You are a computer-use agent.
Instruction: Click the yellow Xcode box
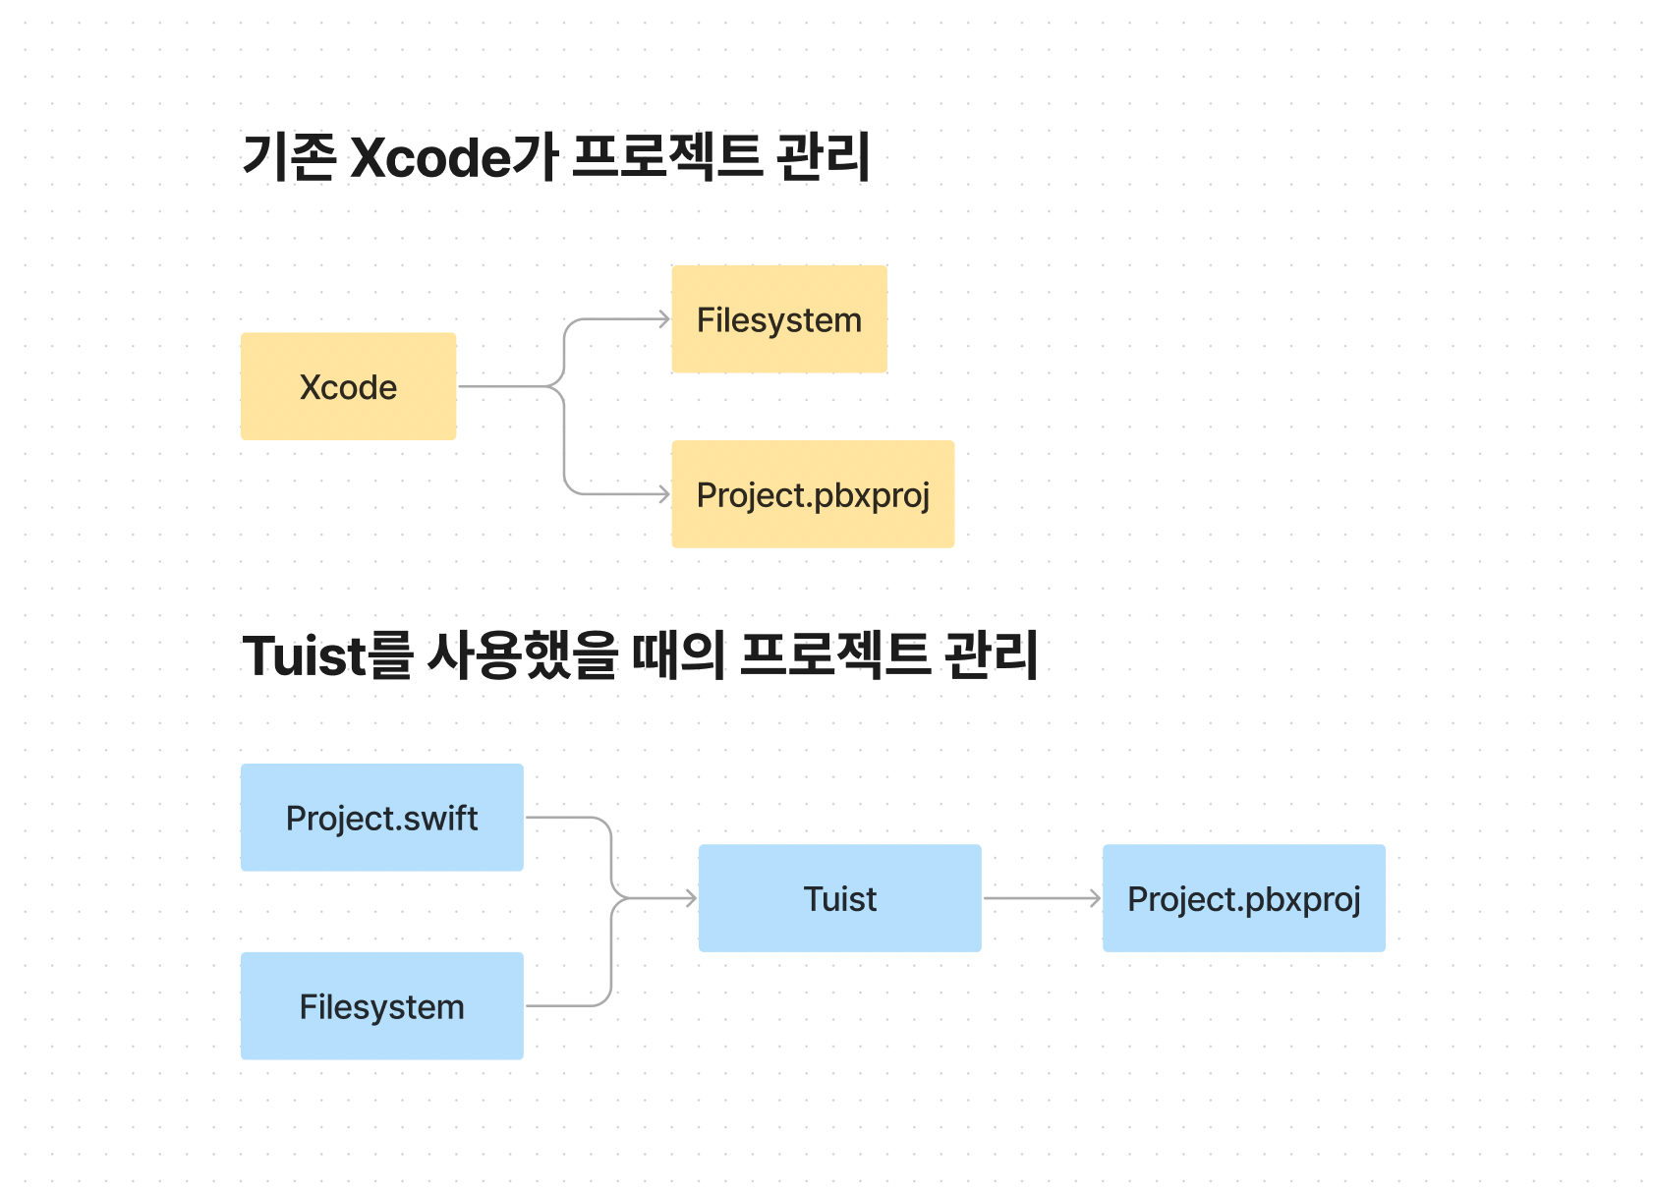coord(348,386)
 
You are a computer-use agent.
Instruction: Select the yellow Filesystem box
coord(778,319)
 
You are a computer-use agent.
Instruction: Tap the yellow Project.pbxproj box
coord(812,494)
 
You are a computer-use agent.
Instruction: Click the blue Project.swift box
coord(381,818)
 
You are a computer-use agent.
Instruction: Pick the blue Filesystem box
coord(381,1006)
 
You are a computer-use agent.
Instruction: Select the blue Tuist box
coord(839,898)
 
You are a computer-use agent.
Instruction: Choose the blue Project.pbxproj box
coord(1243,898)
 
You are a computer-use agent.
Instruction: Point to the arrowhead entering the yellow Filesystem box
coord(663,319)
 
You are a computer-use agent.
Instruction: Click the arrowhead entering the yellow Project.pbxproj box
coord(663,494)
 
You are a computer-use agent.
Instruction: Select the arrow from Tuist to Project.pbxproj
coord(1042,898)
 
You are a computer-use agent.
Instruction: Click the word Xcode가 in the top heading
coord(454,157)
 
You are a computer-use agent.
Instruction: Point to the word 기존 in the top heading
coord(289,157)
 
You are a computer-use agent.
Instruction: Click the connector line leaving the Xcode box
coord(506,386)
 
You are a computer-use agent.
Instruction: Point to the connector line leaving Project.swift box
coord(565,818)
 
